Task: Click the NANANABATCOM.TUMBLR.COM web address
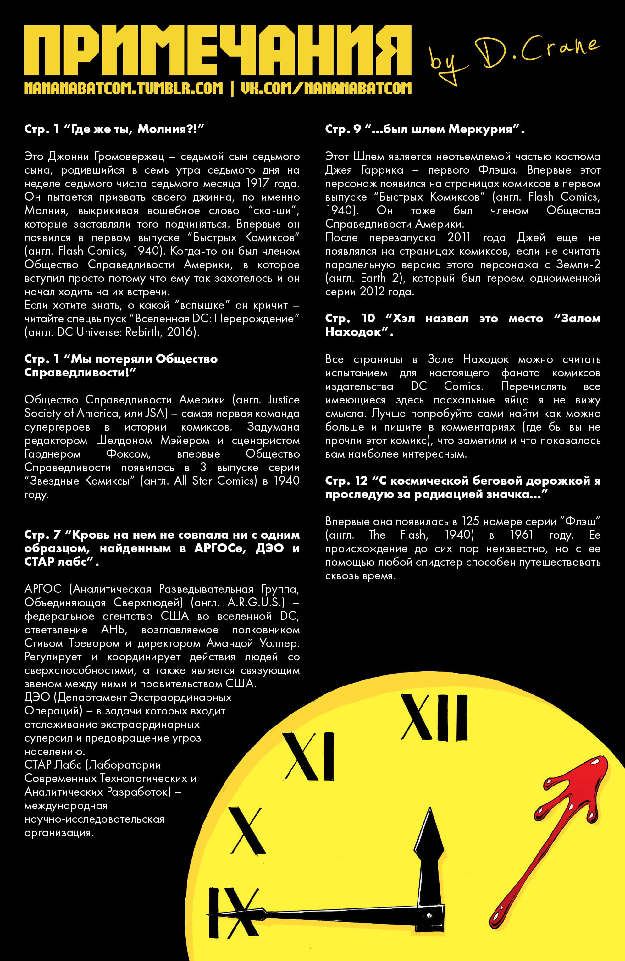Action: point(124,88)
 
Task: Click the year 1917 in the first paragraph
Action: point(257,184)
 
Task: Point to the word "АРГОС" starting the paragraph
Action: point(43,589)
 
